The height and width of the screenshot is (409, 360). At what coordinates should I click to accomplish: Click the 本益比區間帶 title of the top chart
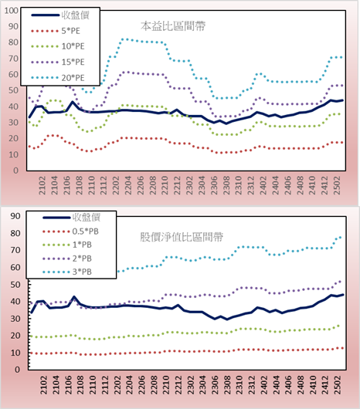click(x=173, y=26)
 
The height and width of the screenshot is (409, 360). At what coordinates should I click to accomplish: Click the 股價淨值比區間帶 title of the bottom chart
click(x=182, y=237)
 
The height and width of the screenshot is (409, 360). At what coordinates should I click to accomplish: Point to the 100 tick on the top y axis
click(x=12, y=11)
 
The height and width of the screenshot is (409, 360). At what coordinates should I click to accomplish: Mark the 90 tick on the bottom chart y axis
click(x=15, y=216)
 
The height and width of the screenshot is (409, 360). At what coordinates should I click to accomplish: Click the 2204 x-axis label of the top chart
click(x=128, y=185)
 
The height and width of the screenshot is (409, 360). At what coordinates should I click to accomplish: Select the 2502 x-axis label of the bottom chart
click(x=338, y=385)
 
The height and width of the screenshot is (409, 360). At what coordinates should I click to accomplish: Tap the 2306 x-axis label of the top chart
click(x=214, y=185)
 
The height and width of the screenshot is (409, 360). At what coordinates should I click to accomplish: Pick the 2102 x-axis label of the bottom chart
click(x=43, y=385)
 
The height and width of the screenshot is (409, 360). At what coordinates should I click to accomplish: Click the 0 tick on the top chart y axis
click(x=16, y=171)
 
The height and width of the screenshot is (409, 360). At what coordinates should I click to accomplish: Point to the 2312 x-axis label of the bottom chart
click(x=252, y=385)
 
